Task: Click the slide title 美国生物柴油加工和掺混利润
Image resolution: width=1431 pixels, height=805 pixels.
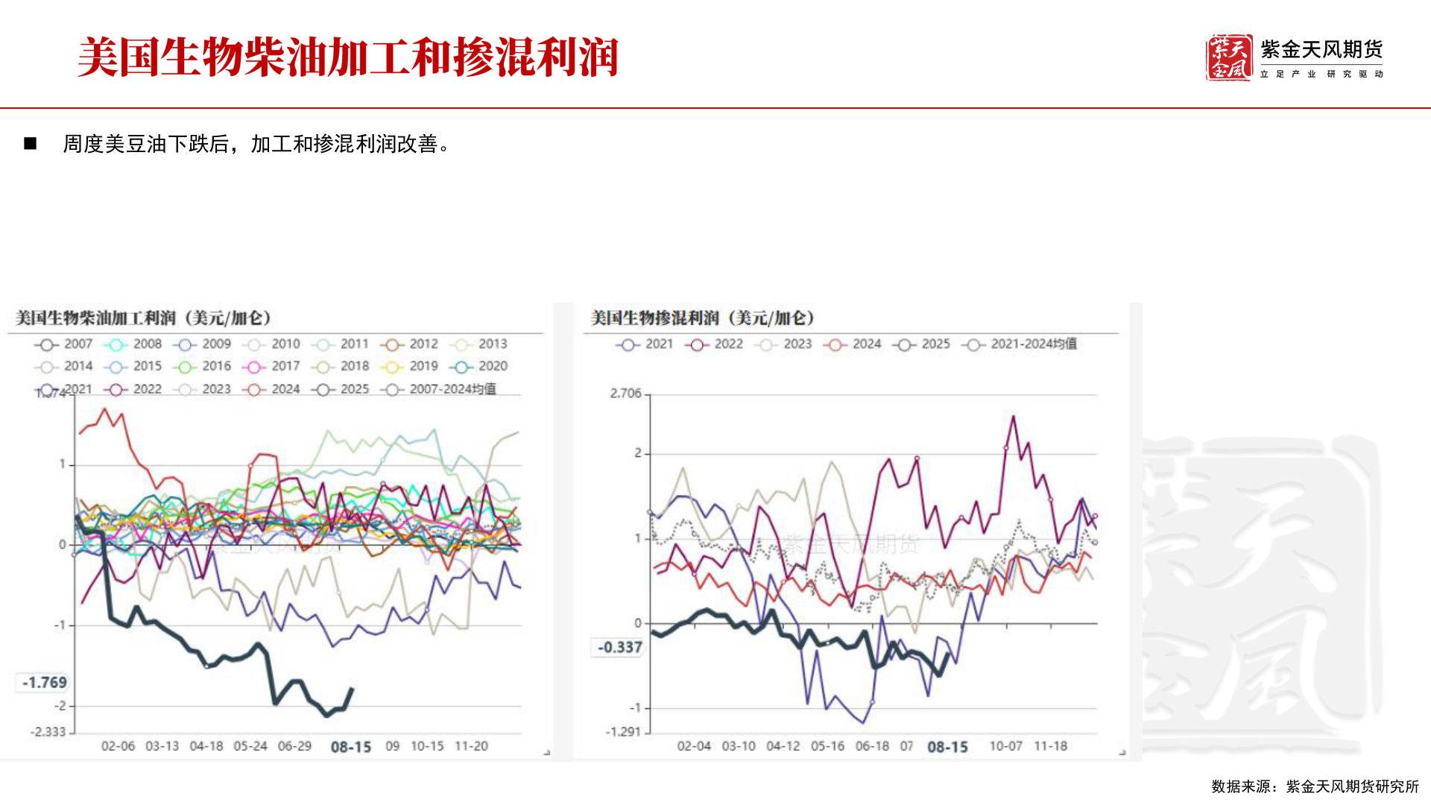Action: [x=347, y=57]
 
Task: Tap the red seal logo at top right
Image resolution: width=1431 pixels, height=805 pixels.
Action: [x=1228, y=57]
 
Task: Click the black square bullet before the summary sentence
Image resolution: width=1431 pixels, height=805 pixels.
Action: [x=31, y=143]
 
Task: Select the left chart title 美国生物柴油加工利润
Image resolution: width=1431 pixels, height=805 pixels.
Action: [x=142, y=318]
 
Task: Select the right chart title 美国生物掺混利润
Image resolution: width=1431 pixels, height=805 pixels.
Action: [x=702, y=318]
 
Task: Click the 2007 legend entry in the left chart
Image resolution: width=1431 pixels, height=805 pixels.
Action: [x=64, y=344]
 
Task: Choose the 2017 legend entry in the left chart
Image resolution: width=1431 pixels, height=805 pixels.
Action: [x=272, y=367]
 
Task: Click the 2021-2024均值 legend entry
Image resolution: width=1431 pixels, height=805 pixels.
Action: [x=1019, y=344]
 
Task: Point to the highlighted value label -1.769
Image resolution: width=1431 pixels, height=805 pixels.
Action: [x=44, y=682]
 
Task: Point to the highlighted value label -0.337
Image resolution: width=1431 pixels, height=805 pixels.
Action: [x=619, y=647]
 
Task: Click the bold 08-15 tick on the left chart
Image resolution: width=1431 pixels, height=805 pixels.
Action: [x=351, y=747]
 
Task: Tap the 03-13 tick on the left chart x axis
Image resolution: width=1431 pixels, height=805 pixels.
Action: [x=162, y=746]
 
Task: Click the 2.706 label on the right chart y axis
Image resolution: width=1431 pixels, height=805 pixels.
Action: [x=625, y=394]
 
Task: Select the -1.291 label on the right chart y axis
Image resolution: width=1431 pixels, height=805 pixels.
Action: [x=623, y=732]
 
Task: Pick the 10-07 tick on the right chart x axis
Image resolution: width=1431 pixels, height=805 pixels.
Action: [x=1005, y=746]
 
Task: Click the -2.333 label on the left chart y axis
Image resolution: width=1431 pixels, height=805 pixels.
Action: [x=48, y=732]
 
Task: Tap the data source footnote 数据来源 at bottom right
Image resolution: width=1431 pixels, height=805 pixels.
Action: [x=1315, y=786]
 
